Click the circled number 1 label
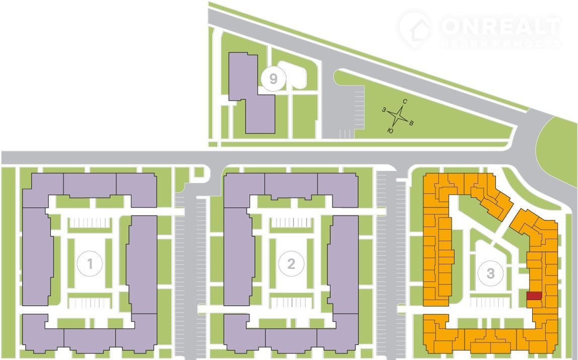(90, 263)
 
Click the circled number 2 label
(291, 263)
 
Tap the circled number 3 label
(491, 273)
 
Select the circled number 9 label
(273, 78)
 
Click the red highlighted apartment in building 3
(534, 296)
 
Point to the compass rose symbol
(399, 116)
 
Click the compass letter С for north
(405, 102)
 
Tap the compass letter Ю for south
(390, 130)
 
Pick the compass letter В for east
(411, 123)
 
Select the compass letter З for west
(384, 109)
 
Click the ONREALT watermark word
(500, 27)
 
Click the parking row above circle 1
(89, 223)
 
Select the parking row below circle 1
(89, 303)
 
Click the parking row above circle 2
(291, 223)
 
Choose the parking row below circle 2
(291, 303)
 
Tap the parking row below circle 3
(491, 302)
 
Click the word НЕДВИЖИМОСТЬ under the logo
(500, 44)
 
